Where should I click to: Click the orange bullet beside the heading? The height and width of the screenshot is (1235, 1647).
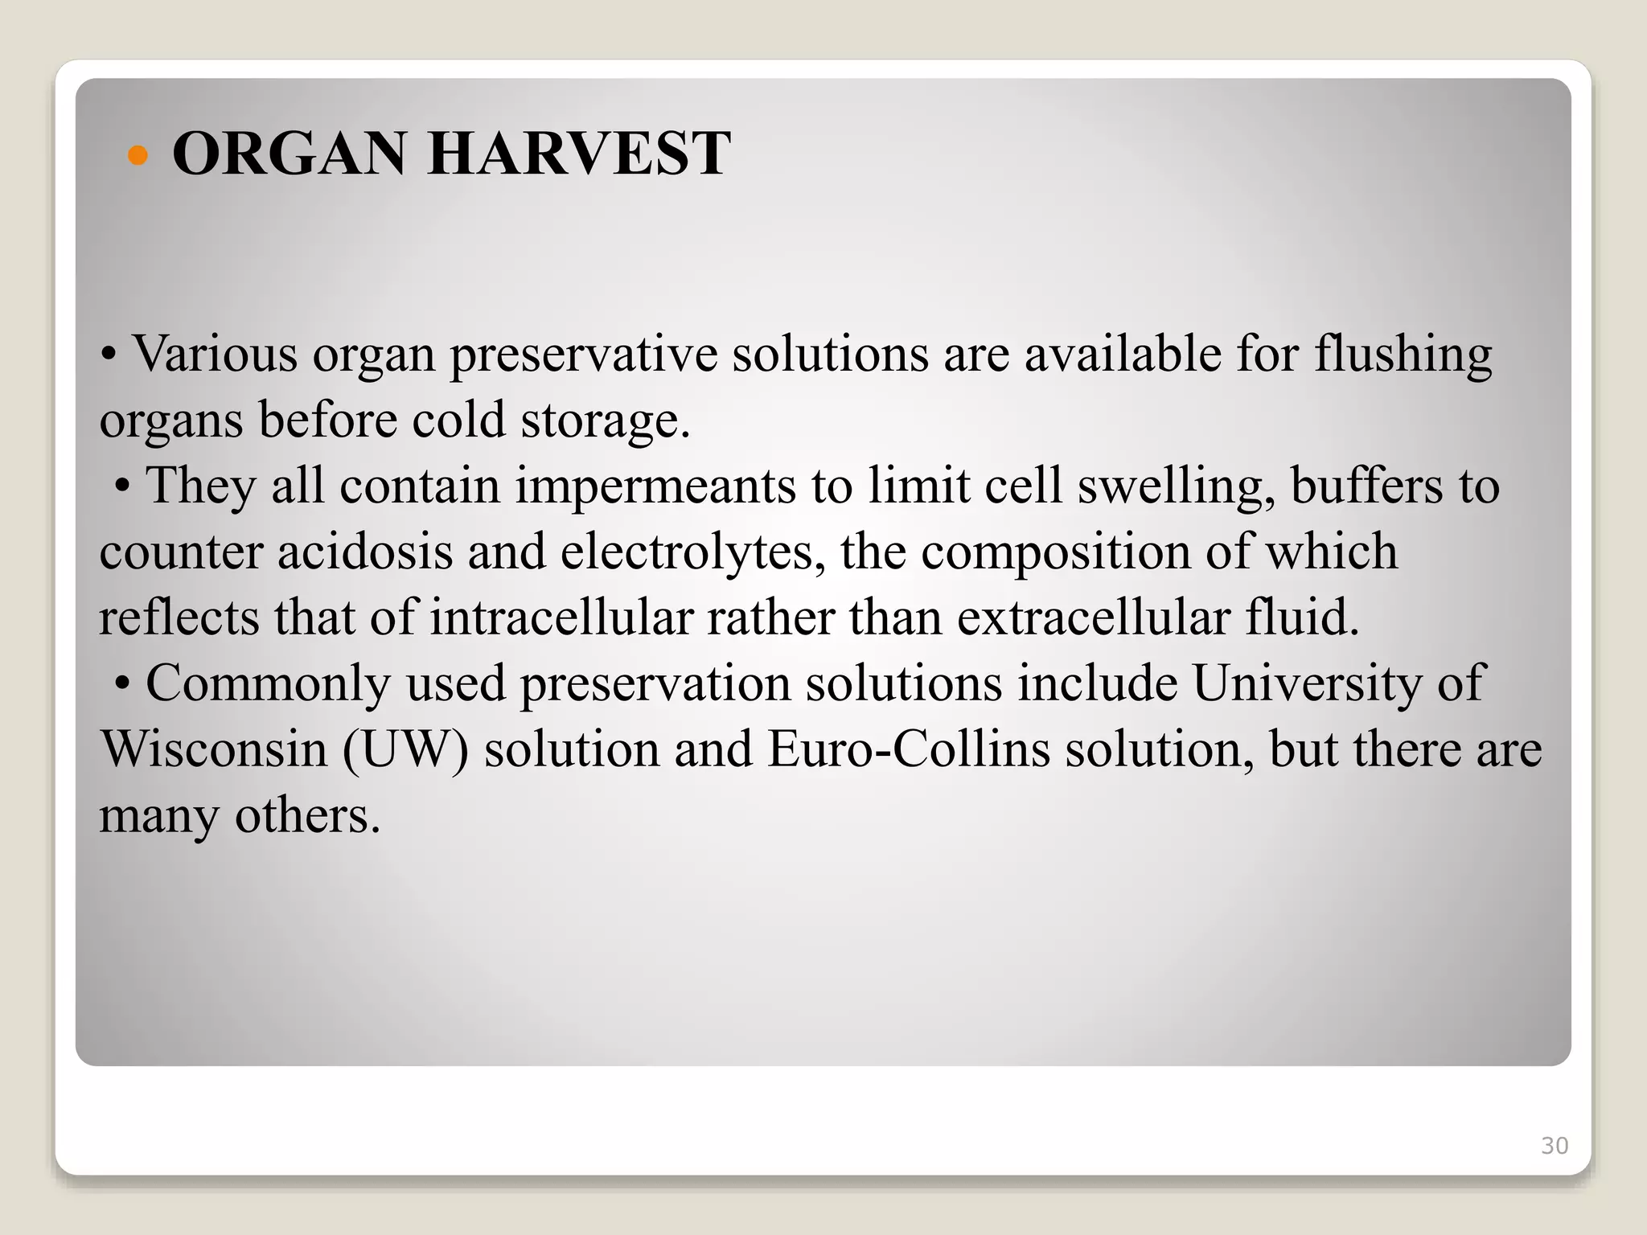[x=138, y=155]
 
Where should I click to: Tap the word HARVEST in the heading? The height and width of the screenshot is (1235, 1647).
[x=579, y=154]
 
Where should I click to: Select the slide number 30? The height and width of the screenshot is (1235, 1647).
[x=1555, y=1146]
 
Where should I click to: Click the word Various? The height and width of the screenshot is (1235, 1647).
[x=215, y=354]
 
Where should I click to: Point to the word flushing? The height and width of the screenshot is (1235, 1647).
[x=1403, y=355]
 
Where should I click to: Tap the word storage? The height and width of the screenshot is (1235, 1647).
[x=605, y=421]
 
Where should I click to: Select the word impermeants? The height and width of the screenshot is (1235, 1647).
[x=655, y=487]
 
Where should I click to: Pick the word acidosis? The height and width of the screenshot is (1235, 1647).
[x=365, y=552]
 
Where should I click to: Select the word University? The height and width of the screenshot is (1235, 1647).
[x=1308, y=684]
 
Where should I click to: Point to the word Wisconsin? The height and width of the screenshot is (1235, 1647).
[x=214, y=750]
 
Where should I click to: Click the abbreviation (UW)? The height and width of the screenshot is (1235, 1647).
[x=405, y=750]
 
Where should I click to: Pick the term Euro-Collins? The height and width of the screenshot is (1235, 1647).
[x=909, y=750]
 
